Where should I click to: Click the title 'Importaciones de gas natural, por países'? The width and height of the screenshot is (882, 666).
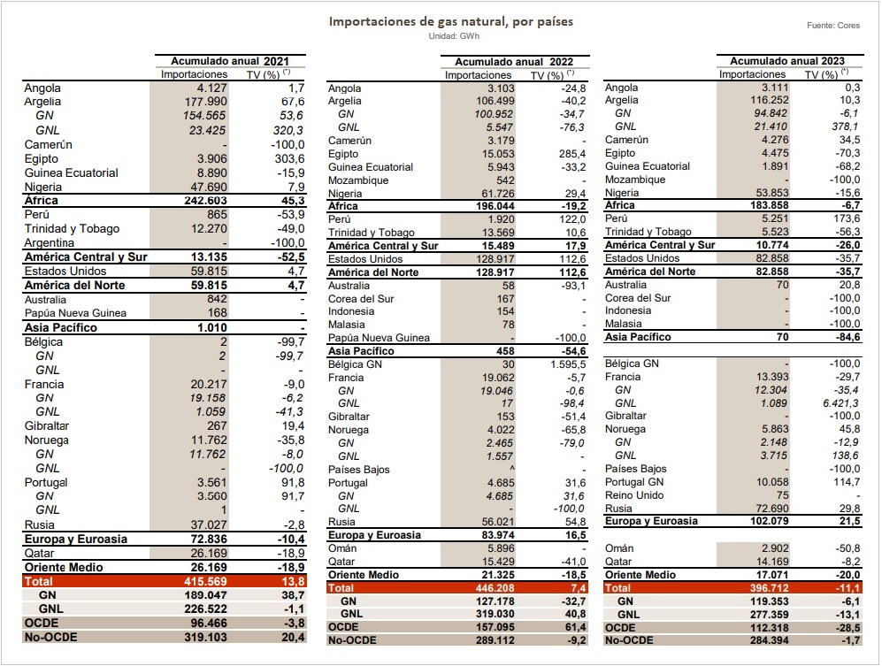click(450, 21)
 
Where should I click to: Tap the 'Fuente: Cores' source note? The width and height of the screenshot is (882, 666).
click(833, 26)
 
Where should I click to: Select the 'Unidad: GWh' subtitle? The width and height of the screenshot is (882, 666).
click(454, 36)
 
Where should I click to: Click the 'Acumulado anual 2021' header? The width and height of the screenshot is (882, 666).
click(229, 61)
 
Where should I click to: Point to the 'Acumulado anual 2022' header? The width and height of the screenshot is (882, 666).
click(514, 62)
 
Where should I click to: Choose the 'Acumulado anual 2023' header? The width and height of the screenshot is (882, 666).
click(787, 61)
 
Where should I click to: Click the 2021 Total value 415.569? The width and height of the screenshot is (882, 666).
click(205, 582)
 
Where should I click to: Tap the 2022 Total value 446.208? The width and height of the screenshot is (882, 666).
click(495, 588)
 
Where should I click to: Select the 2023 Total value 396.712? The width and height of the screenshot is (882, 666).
click(769, 588)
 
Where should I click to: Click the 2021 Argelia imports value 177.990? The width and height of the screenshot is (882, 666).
click(206, 102)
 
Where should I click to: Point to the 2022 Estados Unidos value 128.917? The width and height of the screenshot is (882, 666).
click(495, 259)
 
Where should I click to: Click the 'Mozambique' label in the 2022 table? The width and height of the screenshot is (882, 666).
click(358, 180)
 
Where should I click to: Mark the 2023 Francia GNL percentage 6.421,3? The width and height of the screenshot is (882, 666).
click(841, 403)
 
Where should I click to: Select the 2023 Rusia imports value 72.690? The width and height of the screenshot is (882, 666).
click(771, 509)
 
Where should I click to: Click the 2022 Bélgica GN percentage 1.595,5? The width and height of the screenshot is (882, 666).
click(568, 364)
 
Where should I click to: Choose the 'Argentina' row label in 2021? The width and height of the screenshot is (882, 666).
click(49, 243)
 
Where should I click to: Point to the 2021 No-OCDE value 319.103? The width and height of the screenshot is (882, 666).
click(205, 638)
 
